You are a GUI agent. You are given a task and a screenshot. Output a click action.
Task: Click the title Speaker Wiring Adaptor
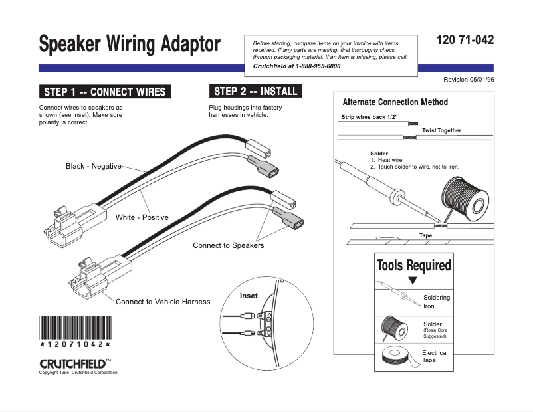coord(130,45)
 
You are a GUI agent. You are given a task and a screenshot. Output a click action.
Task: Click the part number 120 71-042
coord(465,40)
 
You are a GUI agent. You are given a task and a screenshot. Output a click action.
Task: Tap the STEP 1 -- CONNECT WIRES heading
coord(104,92)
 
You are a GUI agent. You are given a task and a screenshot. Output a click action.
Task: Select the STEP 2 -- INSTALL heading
coord(256,91)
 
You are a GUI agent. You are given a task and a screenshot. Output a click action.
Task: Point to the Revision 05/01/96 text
coord(469,80)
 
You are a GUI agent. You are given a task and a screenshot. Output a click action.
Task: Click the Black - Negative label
coord(93,166)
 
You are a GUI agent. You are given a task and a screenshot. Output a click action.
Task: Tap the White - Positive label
coord(142,217)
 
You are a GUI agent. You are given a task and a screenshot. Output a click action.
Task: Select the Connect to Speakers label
coord(228,245)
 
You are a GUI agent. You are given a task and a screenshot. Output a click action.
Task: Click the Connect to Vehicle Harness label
coord(163,302)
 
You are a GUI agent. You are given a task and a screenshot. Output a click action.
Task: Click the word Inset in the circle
coord(249,296)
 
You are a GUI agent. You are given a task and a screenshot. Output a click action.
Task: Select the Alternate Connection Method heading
coord(395,102)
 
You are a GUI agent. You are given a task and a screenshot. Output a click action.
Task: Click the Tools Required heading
coord(413,266)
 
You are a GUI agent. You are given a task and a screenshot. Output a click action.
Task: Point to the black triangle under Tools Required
coord(412,281)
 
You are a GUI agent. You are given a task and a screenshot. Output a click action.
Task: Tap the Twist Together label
coord(441,130)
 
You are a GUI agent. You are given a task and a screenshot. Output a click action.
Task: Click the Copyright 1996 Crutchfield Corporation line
coord(78,373)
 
